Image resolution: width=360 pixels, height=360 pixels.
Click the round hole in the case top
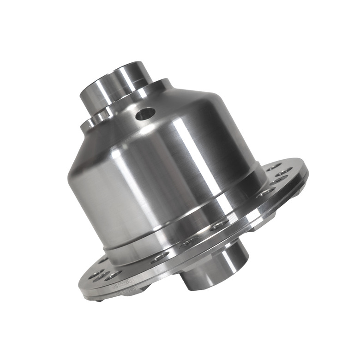145,113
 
